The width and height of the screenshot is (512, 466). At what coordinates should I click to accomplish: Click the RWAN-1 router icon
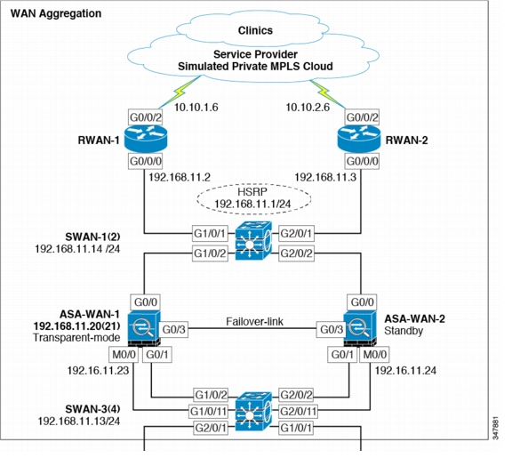[146, 139]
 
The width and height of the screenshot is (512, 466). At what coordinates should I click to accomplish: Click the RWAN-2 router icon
[359, 139]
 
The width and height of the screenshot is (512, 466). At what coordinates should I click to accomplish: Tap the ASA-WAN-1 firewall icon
[144, 328]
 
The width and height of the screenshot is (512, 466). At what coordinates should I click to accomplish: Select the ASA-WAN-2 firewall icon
[360, 328]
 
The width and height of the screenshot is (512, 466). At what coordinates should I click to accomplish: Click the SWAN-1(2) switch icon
[253, 241]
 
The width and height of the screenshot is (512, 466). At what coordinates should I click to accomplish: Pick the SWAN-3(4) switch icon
[253, 411]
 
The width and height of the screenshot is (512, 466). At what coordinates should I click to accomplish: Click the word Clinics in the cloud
[255, 30]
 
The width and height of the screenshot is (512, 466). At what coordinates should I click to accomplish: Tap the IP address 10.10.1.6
[196, 108]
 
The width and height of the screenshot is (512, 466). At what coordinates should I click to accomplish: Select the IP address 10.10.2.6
[308, 108]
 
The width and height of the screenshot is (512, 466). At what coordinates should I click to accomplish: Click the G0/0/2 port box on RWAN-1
[146, 117]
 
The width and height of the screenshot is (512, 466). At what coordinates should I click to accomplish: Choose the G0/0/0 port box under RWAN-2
[362, 161]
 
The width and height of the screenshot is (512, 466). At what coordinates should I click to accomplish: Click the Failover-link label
[255, 322]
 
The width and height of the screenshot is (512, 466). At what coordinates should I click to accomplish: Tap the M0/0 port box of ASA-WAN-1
[124, 355]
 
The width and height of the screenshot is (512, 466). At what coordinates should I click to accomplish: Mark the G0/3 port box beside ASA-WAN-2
[332, 329]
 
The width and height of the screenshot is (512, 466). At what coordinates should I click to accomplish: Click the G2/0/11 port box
[298, 411]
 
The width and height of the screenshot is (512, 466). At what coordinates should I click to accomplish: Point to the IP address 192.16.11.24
[405, 371]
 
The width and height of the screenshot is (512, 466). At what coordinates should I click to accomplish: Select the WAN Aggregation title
[56, 13]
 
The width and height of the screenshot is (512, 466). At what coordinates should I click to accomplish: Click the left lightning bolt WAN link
[180, 92]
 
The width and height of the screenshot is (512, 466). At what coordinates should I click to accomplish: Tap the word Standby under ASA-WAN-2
[404, 331]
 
